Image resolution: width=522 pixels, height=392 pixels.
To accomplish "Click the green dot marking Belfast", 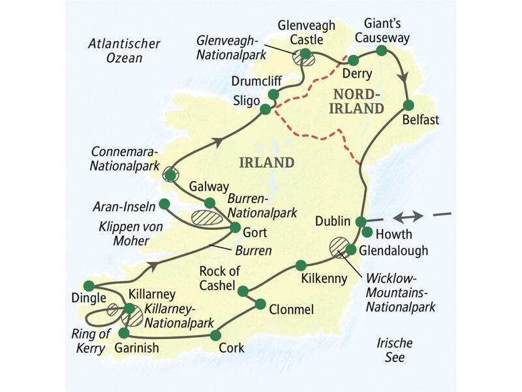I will coord(408,105).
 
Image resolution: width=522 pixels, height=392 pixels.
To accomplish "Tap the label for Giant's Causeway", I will coord(387,31).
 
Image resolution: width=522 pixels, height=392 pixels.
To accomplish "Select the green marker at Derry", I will coord(354,60).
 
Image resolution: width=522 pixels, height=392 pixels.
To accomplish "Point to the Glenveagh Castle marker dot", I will coord(305,54).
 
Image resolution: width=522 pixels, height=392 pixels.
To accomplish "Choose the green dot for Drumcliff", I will coord(273,95).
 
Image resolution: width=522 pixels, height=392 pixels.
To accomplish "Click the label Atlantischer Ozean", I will coord(124,51).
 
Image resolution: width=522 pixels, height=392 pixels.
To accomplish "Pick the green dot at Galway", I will coord(209,203).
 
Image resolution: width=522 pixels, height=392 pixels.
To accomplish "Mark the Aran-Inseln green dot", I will coord(164,204).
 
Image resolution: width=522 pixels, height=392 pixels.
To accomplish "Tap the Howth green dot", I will coord(367,232).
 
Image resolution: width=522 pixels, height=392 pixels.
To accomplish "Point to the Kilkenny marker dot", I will coord(301,265).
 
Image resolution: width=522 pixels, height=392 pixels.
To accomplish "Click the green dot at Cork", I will coord(216,335).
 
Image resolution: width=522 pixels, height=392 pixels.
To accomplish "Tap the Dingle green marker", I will coord(89,286).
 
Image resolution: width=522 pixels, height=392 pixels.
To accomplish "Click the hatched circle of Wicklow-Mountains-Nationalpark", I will coord(339,246).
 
